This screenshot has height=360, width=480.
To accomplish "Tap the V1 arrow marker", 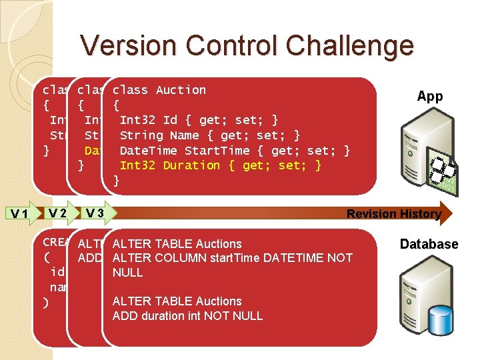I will (x=20, y=214).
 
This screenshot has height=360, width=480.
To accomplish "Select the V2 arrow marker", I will (x=57, y=213).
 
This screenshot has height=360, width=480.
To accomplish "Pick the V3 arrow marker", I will (x=94, y=213).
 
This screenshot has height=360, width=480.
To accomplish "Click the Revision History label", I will (x=393, y=214).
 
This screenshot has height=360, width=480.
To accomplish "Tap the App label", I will (x=429, y=96).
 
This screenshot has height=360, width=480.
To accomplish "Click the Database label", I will (x=429, y=244).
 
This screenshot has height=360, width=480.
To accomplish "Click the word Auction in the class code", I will (x=181, y=90).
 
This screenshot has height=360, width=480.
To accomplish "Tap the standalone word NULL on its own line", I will (x=127, y=273).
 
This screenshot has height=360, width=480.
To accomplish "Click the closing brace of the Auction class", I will (x=116, y=181).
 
